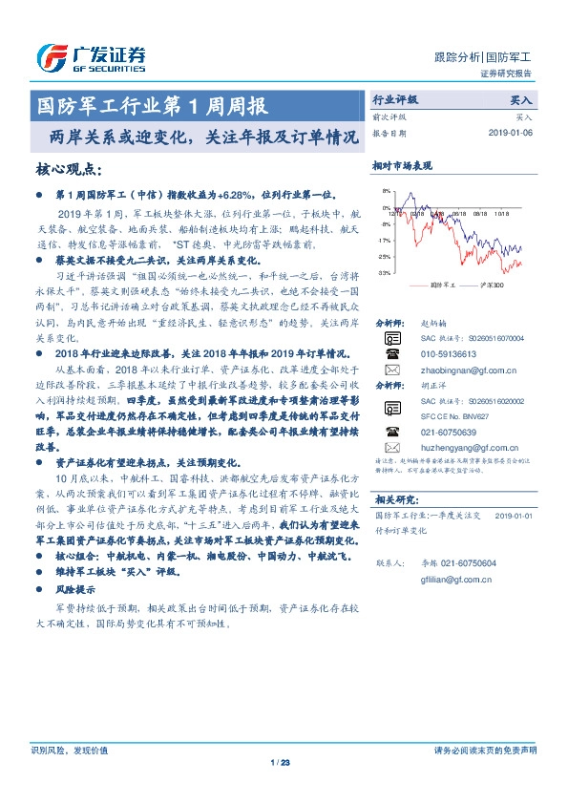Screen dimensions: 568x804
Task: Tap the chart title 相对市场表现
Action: [x=402, y=166]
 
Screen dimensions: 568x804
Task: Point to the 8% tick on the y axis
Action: [x=386, y=192]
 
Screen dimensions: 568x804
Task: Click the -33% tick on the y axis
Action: [x=384, y=273]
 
